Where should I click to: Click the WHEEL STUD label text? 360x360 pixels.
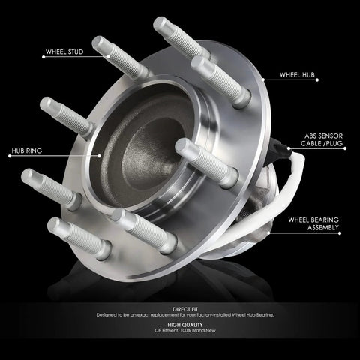pyautogui.click(x=64, y=52)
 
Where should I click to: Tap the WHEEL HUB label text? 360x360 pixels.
pyautogui.click(x=297, y=75)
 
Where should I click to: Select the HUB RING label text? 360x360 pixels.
pyautogui.click(x=27, y=151)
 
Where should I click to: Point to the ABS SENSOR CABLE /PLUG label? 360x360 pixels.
pyautogui.click(x=322, y=139)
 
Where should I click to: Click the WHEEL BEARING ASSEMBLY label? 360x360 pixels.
pyautogui.click(x=313, y=223)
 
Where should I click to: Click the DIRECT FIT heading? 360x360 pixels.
pyautogui.click(x=185, y=309)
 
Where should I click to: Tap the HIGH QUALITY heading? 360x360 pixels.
pyautogui.click(x=185, y=325)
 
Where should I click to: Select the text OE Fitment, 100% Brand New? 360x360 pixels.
pyautogui.click(x=185, y=330)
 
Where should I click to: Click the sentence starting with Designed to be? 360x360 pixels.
pyautogui.click(x=185, y=315)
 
